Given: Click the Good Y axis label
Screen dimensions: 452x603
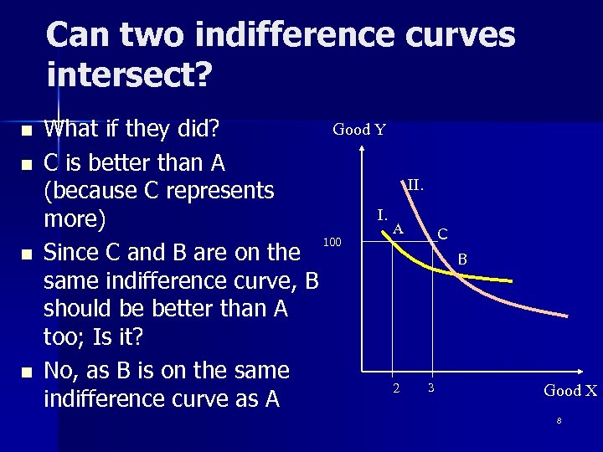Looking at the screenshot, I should (359, 130).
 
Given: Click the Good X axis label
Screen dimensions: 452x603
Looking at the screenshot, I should (570, 390).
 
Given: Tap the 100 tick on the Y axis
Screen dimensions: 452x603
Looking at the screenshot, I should (332, 243).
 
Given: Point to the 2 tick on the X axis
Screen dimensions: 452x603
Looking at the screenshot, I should (397, 388).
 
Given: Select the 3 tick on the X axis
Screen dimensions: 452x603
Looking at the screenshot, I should (430, 388).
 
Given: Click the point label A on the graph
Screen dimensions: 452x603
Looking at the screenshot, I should (399, 228).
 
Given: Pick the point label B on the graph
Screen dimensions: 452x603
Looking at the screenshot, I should (462, 260).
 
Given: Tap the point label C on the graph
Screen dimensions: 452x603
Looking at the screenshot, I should (442, 234).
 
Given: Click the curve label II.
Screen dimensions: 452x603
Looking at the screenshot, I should (415, 184).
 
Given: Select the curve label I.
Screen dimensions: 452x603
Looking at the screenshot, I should (381, 214).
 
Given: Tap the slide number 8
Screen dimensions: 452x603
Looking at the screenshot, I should (559, 419).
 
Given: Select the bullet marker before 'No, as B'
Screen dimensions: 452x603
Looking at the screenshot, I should (27, 372).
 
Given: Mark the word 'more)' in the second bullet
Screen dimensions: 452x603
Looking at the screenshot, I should (75, 220).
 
